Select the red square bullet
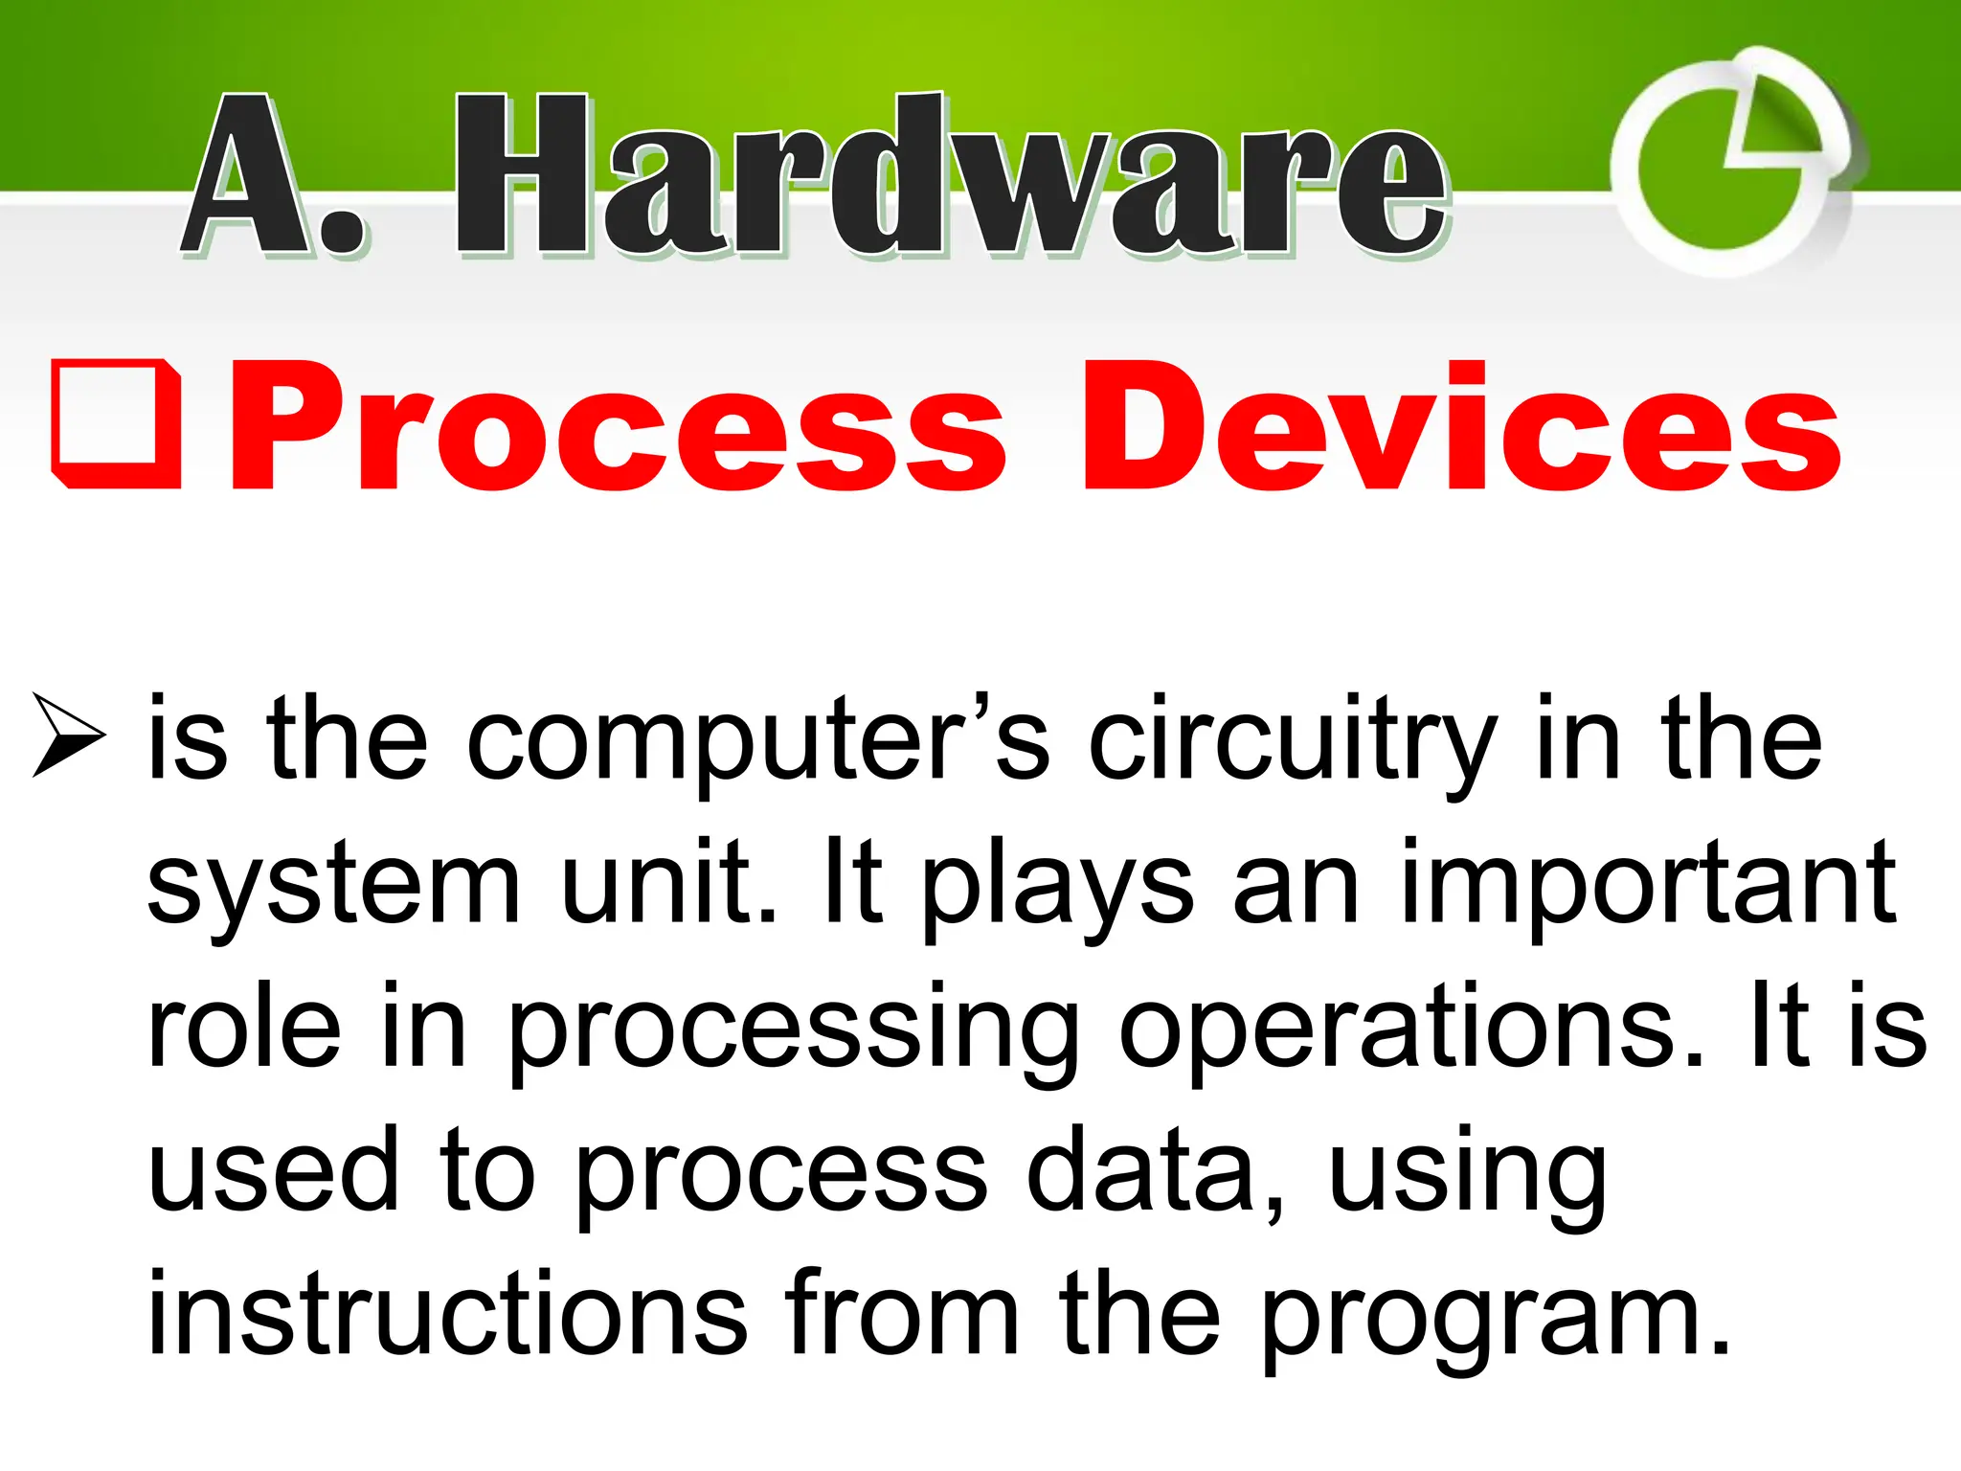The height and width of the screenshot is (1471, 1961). [x=117, y=425]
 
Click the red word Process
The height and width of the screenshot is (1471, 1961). [x=617, y=427]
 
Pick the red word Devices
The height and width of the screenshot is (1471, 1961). [x=1461, y=427]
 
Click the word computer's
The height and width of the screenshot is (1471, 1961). [x=757, y=741]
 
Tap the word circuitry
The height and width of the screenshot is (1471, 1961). [x=1292, y=741]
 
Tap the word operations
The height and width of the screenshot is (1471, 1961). [x=1411, y=1030]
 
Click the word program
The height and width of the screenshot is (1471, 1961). [x=1494, y=1317]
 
